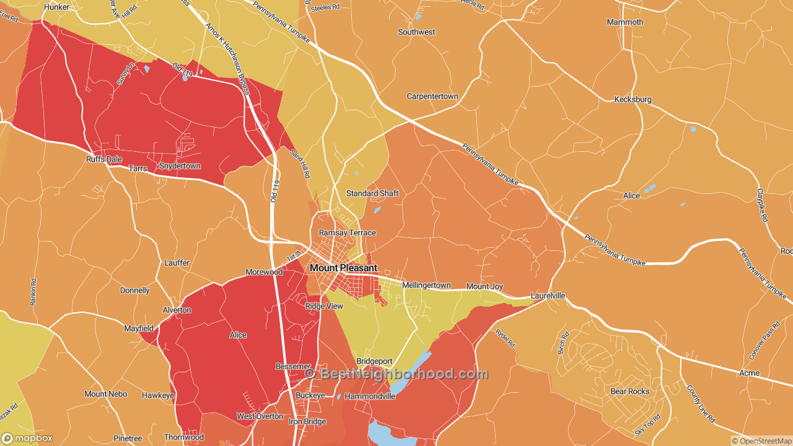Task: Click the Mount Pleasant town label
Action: (343, 268)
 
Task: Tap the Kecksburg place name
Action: (633, 99)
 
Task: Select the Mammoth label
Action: (624, 22)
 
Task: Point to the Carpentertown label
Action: (432, 97)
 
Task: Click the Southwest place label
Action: (416, 32)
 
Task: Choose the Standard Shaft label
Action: (372, 193)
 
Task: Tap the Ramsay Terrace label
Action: (347, 233)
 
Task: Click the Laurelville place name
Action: (548, 296)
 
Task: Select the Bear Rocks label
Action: (630, 391)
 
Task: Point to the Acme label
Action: (749, 374)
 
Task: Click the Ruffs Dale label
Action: (103, 159)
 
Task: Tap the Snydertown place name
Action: (180, 166)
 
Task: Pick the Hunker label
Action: (56, 7)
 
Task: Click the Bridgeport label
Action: (374, 361)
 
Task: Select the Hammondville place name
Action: (369, 396)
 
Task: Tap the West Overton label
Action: (260, 416)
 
